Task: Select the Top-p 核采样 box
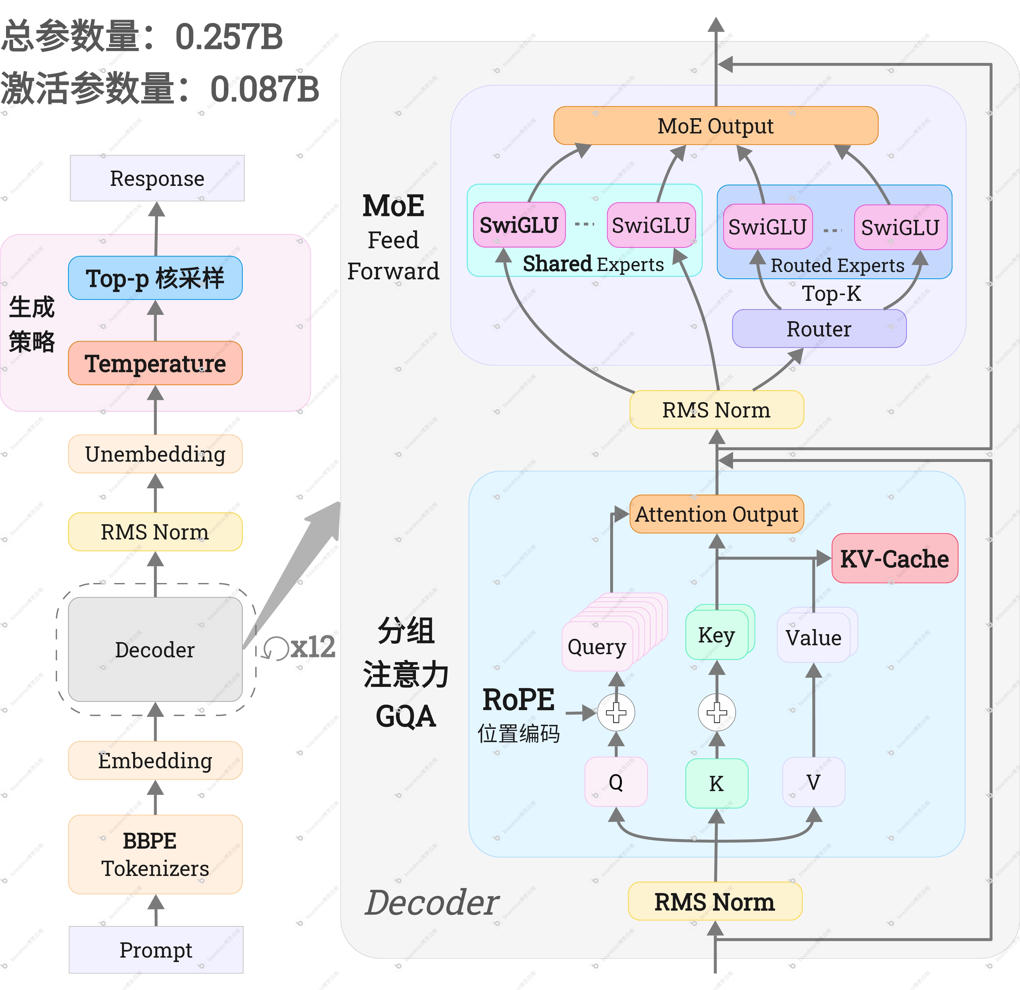tap(155, 278)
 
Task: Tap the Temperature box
tap(155, 363)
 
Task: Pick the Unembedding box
tap(155, 454)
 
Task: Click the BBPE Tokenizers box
tap(155, 854)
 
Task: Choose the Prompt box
tap(156, 949)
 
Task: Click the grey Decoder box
tap(155, 649)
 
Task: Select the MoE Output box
tap(716, 126)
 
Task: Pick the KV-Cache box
tap(894, 558)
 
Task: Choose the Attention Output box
tap(717, 514)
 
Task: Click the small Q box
tap(615, 781)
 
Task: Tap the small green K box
tap(717, 783)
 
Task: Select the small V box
tap(813, 781)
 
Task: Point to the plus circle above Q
tap(616, 712)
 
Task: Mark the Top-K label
tap(831, 294)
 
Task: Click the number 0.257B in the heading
tap(229, 37)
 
